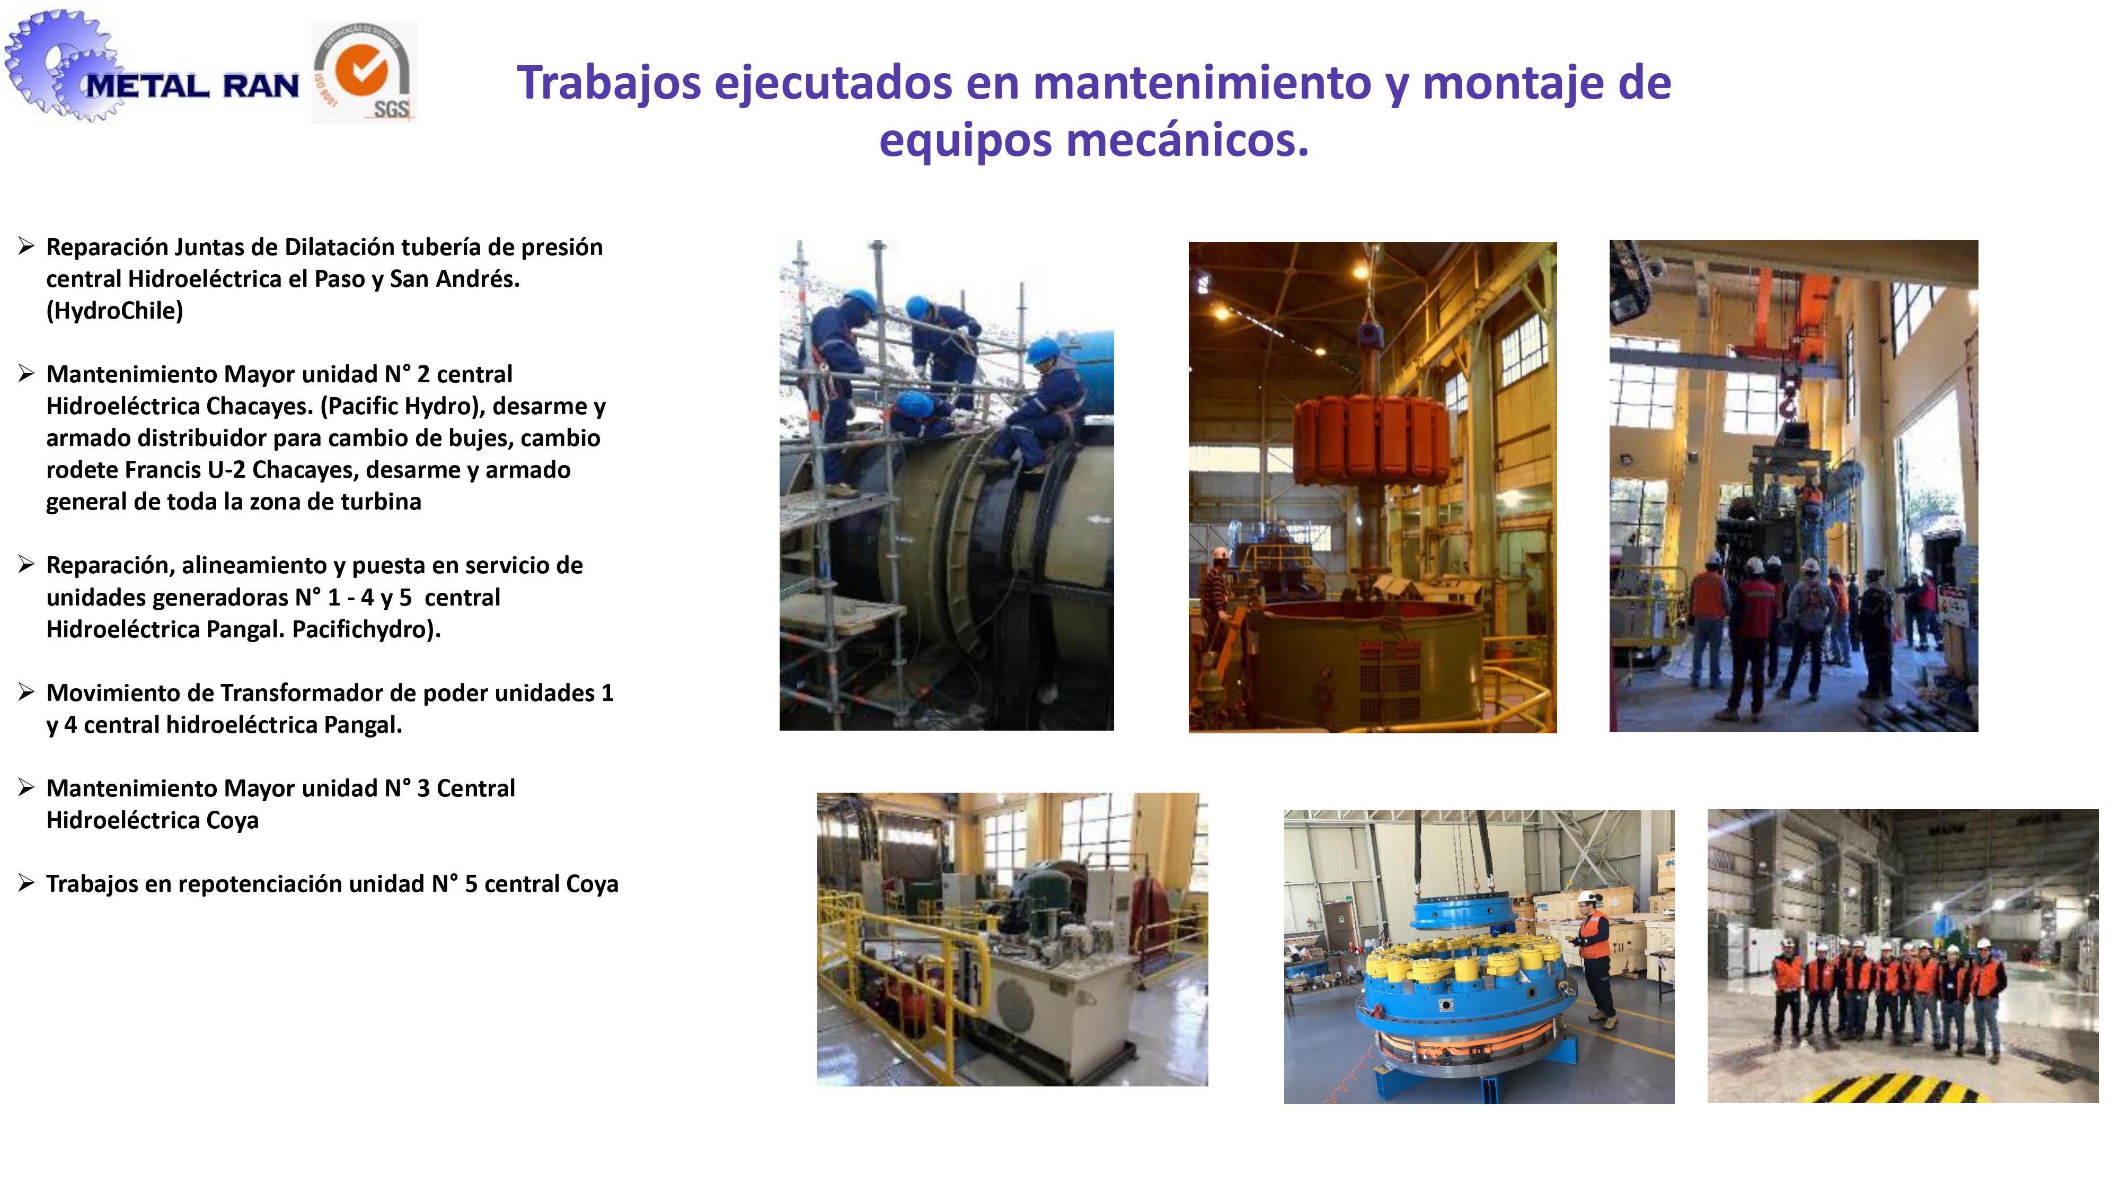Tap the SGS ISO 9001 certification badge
tap(364, 73)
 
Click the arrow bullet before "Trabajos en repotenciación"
tap(26, 883)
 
